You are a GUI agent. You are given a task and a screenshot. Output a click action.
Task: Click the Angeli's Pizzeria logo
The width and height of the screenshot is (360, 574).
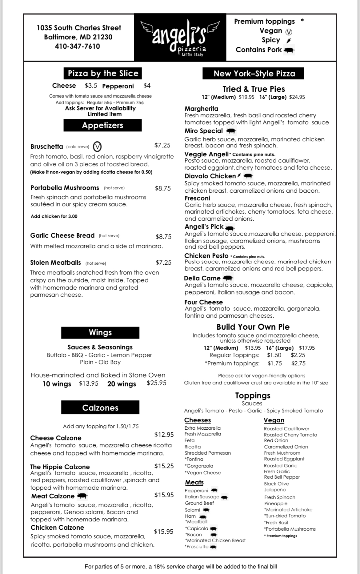click(x=180, y=37)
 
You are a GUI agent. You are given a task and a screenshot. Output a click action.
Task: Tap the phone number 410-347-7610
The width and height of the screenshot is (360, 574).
click(x=78, y=46)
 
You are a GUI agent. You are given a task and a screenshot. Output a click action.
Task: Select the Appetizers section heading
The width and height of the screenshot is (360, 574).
click(x=102, y=125)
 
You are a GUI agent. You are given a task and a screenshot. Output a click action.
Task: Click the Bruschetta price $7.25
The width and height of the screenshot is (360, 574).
click(x=162, y=145)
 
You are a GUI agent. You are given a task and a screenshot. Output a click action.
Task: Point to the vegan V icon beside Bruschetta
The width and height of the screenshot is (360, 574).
click(x=97, y=147)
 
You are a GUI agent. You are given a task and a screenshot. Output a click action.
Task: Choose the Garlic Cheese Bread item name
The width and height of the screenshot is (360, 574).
click(x=62, y=235)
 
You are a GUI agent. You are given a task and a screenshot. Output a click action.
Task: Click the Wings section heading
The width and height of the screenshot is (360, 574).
click(x=100, y=332)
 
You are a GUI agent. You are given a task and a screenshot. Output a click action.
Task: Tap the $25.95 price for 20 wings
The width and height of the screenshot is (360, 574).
click(x=156, y=383)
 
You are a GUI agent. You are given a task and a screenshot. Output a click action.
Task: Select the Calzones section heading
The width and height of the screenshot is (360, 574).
click(x=100, y=407)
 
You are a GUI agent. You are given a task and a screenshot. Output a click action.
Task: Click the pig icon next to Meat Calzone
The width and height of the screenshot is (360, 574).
click(x=82, y=496)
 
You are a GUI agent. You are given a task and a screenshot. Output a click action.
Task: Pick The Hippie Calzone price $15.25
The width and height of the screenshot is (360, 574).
click(x=164, y=466)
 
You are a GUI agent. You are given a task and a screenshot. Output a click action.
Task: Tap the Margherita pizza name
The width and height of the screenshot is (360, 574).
click(x=201, y=109)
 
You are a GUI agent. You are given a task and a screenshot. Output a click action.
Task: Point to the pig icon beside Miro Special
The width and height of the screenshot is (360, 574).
click(x=231, y=131)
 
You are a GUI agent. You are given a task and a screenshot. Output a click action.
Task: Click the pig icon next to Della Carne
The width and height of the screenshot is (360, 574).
click(x=227, y=278)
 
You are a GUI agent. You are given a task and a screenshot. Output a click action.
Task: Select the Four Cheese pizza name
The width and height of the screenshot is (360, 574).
click(x=203, y=302)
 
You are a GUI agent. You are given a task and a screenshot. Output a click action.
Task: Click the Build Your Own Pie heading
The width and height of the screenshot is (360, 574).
click(x=253, y=327)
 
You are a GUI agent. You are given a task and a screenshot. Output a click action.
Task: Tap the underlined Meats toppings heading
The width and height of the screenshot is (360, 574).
click(x=194, y=482)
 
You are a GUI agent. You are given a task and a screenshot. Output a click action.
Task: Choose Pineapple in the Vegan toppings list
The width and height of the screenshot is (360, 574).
click(x=276, y=504)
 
